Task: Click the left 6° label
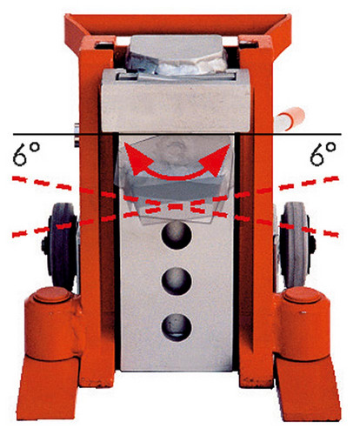click(x=26, y=154)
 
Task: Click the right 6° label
click(x=323, y=154)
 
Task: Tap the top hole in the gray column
click(x=177, y=236)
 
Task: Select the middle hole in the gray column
click(x=177, y=281)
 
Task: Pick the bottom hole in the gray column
click(x=177, y=327)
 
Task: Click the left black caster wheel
click(x=62, y=246)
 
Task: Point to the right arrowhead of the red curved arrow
click(x=218, y=159)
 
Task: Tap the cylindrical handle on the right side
click(x=290, y=119)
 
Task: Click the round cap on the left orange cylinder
click(x=51, y=296)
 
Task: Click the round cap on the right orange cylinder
click(x=303, y=297)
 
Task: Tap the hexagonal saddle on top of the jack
click(x=177, y=55)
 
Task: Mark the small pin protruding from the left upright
click(x=77, y=135)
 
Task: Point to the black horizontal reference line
click(x=177, y=134)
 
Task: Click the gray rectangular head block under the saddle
click(x=176, y=101)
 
